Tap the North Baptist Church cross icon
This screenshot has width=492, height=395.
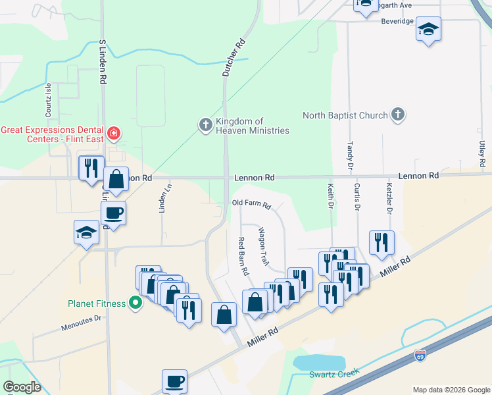point(397,115)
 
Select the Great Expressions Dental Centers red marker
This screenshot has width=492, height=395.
point(114,134)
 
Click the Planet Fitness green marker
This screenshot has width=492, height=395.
point(135,303)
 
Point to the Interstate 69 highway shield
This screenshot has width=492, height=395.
point(420,356)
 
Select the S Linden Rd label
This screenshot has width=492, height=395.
point(103,61)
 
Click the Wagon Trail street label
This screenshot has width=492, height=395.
point(264,247)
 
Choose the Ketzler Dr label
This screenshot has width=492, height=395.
point(389,199)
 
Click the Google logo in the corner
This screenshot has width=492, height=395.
point(22,386)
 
